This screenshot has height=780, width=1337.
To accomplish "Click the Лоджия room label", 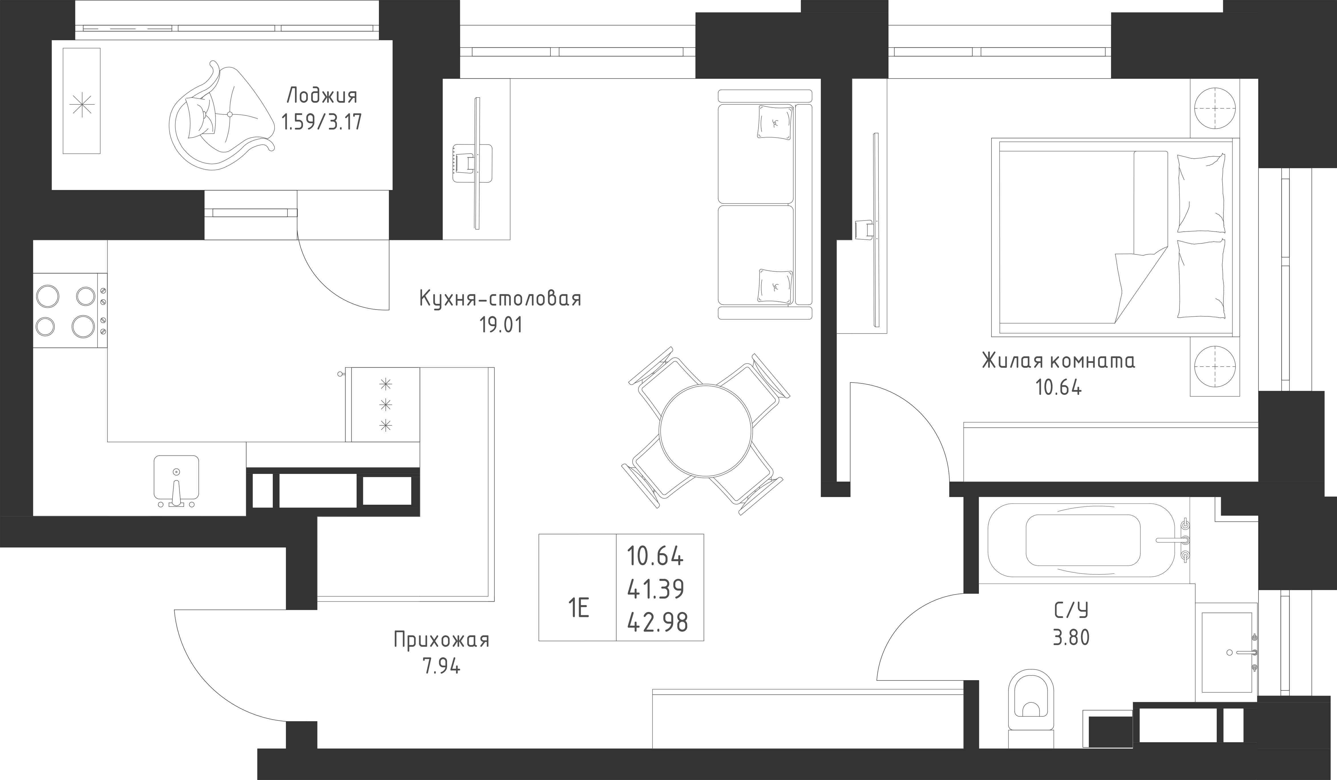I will (x=322, y=96).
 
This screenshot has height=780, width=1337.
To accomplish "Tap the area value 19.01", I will (x=501, y=325).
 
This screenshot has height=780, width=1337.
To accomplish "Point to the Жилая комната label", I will (x=1059, y=361).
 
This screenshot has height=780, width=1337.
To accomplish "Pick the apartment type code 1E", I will (x=578, y=608).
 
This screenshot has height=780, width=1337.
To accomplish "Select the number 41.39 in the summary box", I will (x=656, y=589).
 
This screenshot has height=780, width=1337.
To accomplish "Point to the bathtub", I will (x=1082, y=540).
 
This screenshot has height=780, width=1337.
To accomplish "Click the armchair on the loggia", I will (x=220, y=117).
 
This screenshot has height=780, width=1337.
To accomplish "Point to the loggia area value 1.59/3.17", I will (x=322, y=122).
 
